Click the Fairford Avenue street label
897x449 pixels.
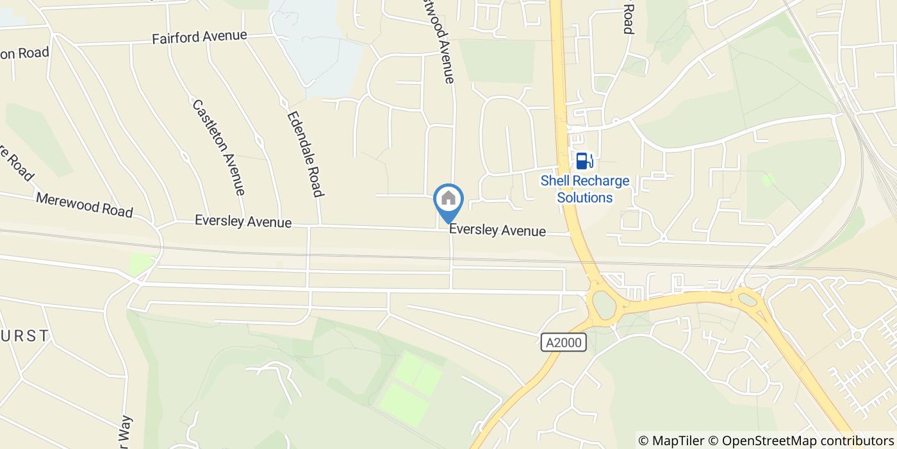pyautogui.click(x=199, y=37)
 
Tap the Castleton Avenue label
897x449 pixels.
pyautogui.click(x=218, y=147)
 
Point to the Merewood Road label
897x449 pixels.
pyautogui.click(x=84, y=205)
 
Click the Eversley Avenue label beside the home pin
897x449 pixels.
pyautogui.click(x=497, y=230)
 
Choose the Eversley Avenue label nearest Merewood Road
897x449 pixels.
pyautogui.click(x=243, y=222)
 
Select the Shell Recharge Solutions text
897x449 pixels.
pyautogui.click(x=585, y=189)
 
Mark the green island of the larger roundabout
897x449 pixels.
pyautogui.click(x=603, y=304)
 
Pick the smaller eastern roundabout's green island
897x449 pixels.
pyautogui.click(x=746, y=298)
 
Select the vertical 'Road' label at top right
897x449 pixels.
pyautogui.click(x=628, y=17)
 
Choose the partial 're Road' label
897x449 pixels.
pyautogui.click(x=15, y=163)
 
